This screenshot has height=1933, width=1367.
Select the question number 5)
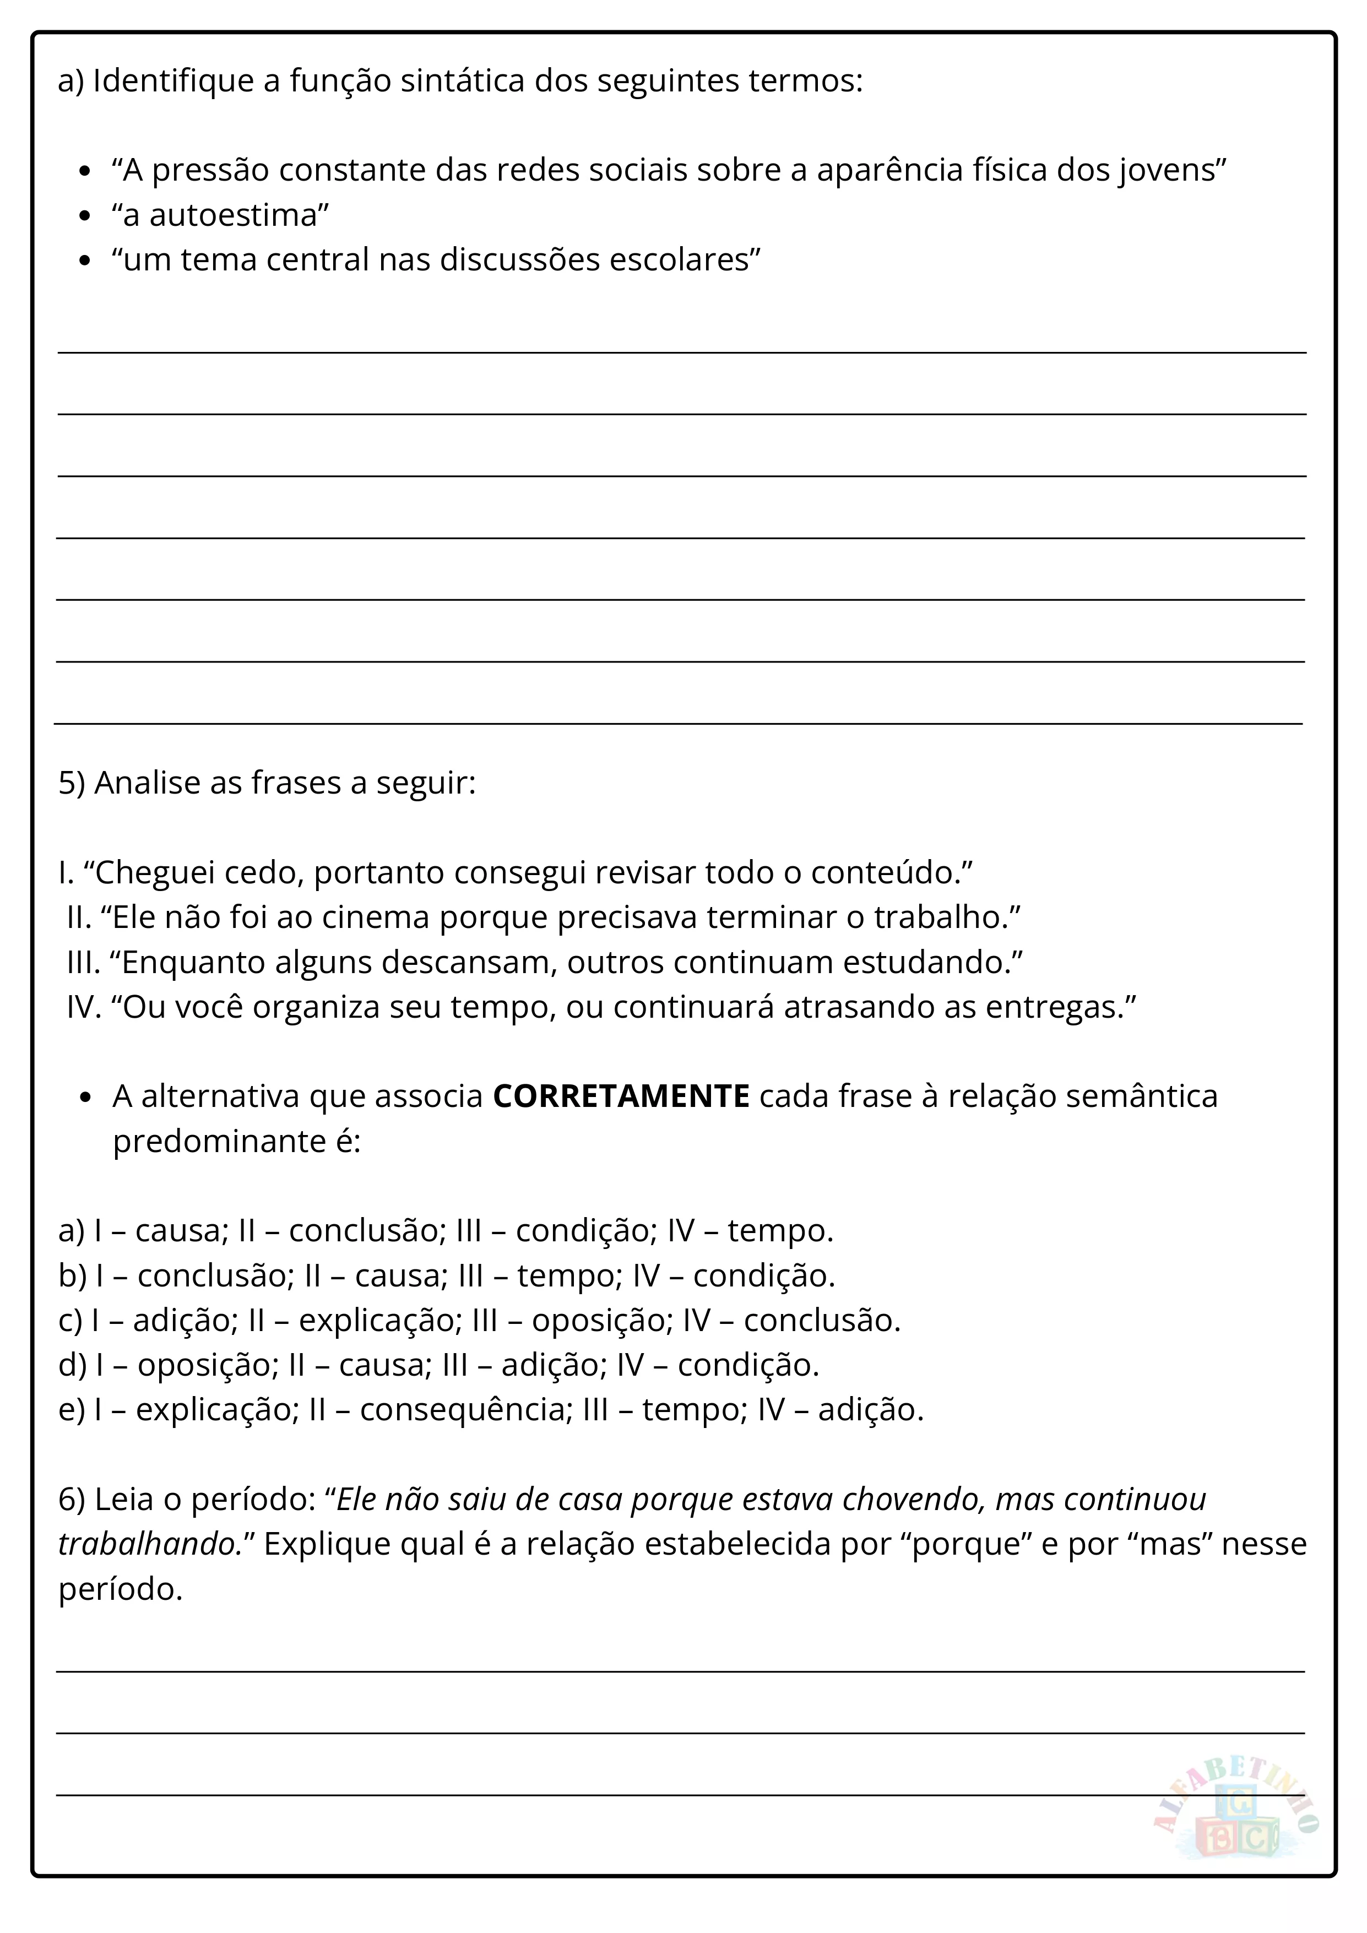coord(72,783)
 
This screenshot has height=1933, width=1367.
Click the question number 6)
coord(72,1500)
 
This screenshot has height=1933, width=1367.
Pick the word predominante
coord(219,1142)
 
